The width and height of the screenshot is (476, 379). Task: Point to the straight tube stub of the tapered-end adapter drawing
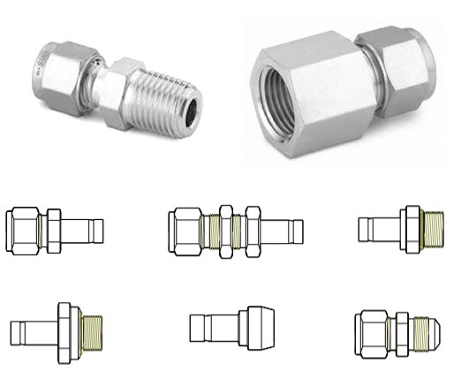(x=208, y=328)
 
